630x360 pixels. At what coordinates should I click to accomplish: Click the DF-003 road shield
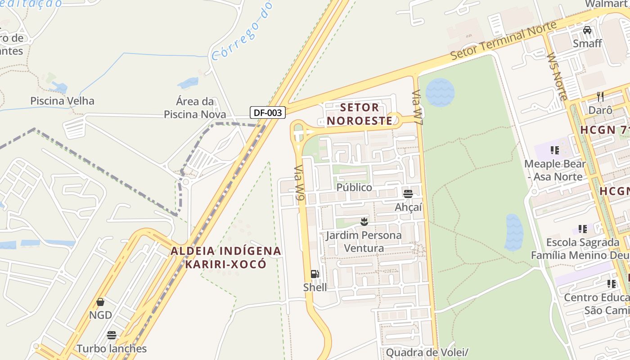[268, 112]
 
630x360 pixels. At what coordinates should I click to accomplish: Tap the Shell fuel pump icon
[315, 274]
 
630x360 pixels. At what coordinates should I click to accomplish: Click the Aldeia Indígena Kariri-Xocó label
[225, 257]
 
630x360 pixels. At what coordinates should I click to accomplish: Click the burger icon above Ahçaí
[408, 194]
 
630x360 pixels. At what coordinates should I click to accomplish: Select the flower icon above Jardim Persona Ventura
[364, 221]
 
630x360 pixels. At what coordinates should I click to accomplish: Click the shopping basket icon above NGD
[100, 301]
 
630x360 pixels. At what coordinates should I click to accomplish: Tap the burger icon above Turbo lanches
[112, 335]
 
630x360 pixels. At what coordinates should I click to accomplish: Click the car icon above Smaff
[587, 30]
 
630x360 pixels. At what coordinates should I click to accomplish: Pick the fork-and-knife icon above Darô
[600, 96]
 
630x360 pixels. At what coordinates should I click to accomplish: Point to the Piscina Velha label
[62, 100]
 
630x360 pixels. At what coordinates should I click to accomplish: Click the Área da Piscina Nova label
[195, 108]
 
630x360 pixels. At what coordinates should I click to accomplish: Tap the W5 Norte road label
[557, 76]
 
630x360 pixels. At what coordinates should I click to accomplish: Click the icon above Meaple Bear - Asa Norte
[555, 150]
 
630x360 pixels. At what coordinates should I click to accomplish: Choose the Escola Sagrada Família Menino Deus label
[583, 249]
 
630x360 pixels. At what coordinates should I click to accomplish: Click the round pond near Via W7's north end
[440, 92]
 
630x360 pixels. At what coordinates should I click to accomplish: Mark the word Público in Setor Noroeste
[354, 187]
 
